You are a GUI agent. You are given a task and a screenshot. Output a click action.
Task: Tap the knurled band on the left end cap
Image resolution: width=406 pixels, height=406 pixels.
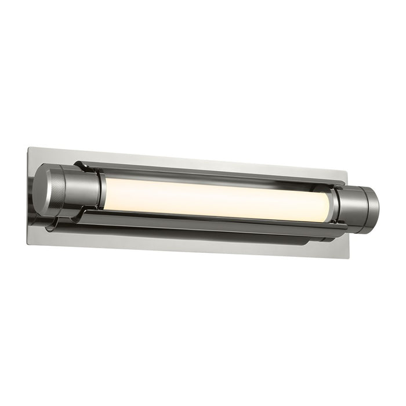click(x=62, y=187)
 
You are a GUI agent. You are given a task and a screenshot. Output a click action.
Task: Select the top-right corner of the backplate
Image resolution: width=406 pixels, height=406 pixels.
click(x=347, y=172)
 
